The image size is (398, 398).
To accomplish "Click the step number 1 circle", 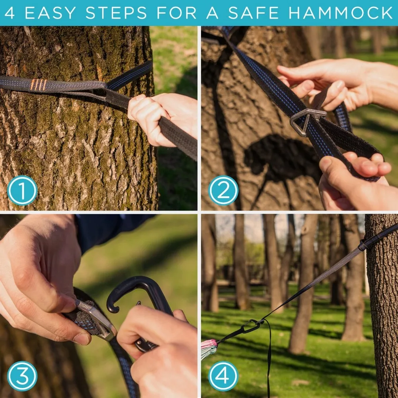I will point(22,190).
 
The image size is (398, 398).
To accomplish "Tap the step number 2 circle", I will point(224,190).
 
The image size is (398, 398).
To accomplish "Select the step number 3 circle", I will point(22,376).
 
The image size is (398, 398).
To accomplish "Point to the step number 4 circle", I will point(224,376).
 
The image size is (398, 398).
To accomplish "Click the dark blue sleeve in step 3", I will point(107,231).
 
